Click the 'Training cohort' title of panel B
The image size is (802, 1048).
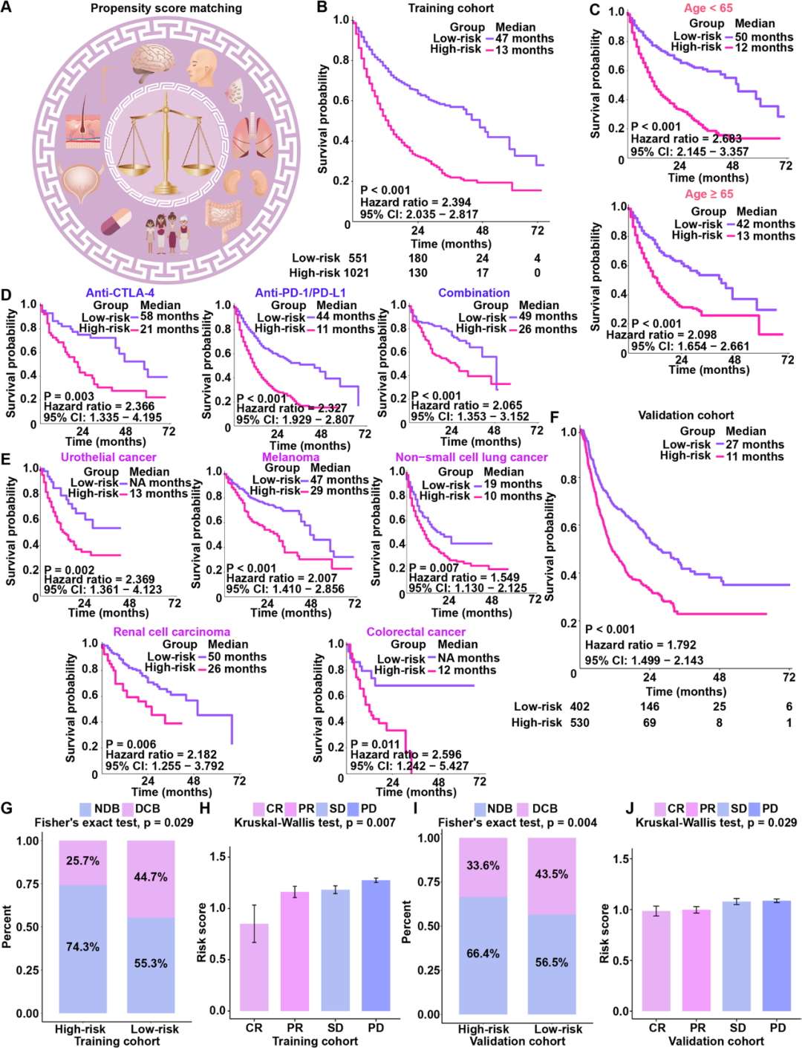(x=451, y=8)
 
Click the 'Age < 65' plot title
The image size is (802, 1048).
(x=708, y=8)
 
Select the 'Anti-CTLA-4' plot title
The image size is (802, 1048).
(x=120, y=293)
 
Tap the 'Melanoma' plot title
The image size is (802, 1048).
(x=290, y=457)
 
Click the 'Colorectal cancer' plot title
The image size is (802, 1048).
(x=416, y=632)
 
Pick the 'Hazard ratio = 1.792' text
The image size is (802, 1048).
(x=640, y=645)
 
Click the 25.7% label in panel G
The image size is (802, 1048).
(x=82, y=861)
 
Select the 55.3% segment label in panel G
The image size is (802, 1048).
(x=151, y=963)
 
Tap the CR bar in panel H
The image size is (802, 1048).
(x=254, y=966)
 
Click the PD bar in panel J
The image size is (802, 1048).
(x=777, y=955)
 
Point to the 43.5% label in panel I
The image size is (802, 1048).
(x=552, y=874)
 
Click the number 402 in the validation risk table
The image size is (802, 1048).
(x=579, y=707)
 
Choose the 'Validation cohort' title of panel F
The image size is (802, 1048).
(x=685, y=415)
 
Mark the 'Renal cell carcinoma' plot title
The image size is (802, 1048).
(x=172, y=632)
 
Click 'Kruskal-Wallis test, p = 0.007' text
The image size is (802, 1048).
(x=315, y=823)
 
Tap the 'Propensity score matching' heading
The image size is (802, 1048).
(x=166, y=8)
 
